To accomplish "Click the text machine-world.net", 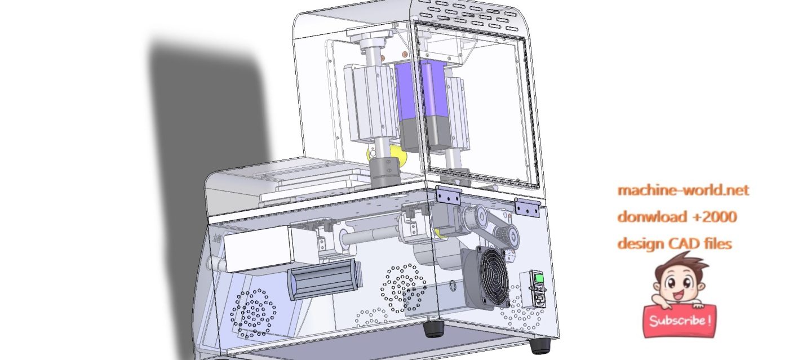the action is point(683,190).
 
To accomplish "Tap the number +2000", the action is point(715,217).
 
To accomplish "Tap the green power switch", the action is point(539,278).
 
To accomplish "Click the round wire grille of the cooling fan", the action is point(495,277).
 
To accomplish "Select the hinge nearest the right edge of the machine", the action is point(526,208).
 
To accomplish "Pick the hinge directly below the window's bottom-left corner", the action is point(448,195).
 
